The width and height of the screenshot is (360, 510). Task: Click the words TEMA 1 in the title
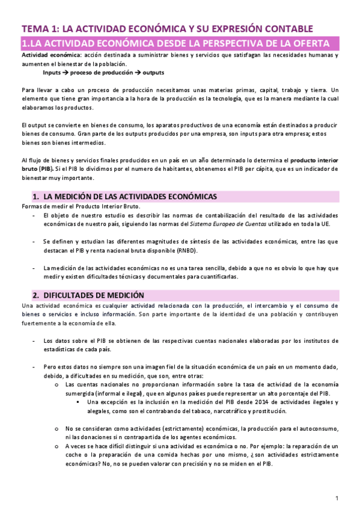coord(40,28)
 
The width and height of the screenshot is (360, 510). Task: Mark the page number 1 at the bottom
coord(337,498)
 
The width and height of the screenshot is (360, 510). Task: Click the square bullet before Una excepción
coord(78,402)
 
